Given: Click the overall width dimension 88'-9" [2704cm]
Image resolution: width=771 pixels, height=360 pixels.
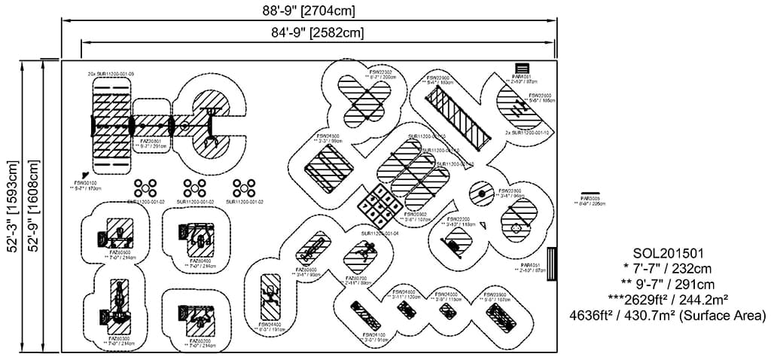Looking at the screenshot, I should click(307, 11).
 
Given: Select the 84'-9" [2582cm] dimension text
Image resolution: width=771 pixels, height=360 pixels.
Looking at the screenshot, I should click(317, 32).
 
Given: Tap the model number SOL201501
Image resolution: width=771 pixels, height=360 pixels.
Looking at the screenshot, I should click(669, 252).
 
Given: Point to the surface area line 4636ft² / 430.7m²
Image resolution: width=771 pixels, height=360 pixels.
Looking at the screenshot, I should click(669, 316).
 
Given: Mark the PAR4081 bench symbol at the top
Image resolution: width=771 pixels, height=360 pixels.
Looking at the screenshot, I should click(522, 69).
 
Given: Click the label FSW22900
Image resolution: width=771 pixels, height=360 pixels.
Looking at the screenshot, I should click(438, 78).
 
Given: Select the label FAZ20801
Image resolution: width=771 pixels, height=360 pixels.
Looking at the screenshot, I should click(151, 141).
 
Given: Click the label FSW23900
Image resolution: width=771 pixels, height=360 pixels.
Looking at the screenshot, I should click(494, 294).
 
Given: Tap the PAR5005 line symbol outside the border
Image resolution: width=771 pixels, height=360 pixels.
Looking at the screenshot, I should click(590, 194).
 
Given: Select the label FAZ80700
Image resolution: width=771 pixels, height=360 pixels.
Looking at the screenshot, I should click(355, 278).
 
